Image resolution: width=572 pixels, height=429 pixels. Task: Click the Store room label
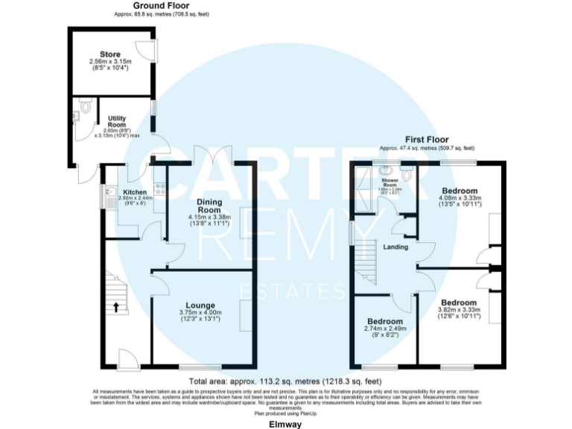pos(109,54)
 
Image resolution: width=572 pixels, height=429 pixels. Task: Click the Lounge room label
pos(200,305)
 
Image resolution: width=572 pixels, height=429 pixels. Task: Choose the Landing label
pos(395,247)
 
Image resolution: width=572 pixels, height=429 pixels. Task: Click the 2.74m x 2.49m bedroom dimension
pos(385,328)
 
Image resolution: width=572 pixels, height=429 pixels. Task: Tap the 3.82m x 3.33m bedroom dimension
pos(458,310)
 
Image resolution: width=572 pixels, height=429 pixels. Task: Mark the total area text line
pos(287,380)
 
